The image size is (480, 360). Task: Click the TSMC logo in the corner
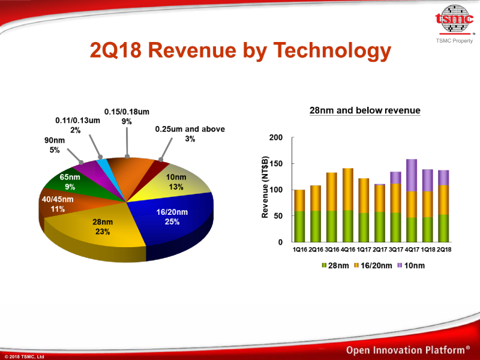coord(454,20)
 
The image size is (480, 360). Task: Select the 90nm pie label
coord(55,146)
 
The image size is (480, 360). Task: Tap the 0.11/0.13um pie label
coord(77,125)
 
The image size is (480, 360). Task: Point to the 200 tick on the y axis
coord(275,139)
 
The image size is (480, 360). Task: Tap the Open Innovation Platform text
coord(407,350)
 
